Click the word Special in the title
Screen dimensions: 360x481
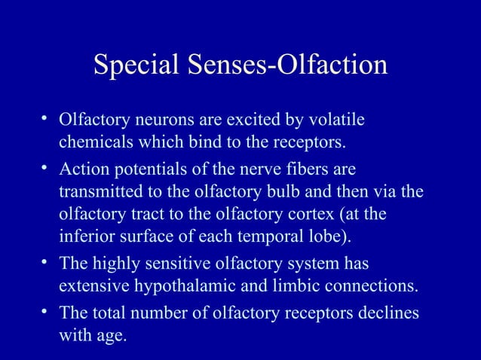coord(133,66)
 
